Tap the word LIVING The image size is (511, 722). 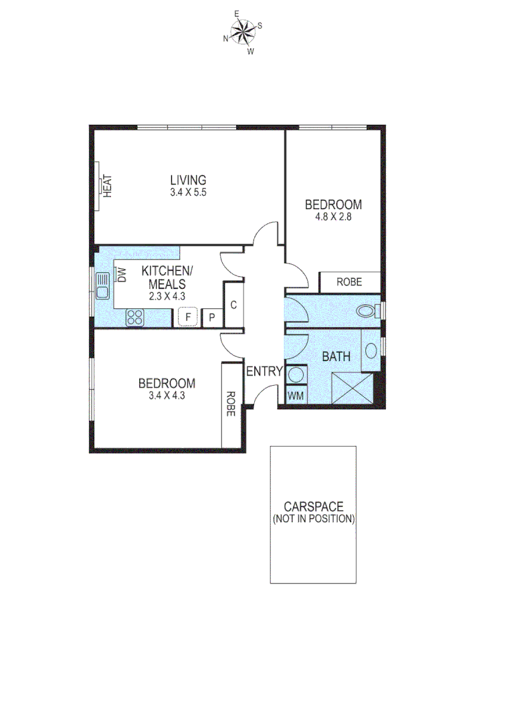188,180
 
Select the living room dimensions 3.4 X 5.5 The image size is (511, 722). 188,193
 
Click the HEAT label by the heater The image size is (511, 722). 108,185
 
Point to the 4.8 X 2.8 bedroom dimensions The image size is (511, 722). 334,217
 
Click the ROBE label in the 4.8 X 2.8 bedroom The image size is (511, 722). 349,282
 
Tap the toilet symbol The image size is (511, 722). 366,311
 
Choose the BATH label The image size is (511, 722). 336,357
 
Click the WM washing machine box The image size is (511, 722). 296,396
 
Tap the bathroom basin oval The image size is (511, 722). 371,352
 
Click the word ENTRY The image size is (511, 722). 265,372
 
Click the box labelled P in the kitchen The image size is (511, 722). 212,317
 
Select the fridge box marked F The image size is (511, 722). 189,316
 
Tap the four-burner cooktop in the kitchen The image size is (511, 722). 135,317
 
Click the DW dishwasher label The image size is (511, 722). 122,275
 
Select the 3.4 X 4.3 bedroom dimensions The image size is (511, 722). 167,395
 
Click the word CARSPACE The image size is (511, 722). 313,507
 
